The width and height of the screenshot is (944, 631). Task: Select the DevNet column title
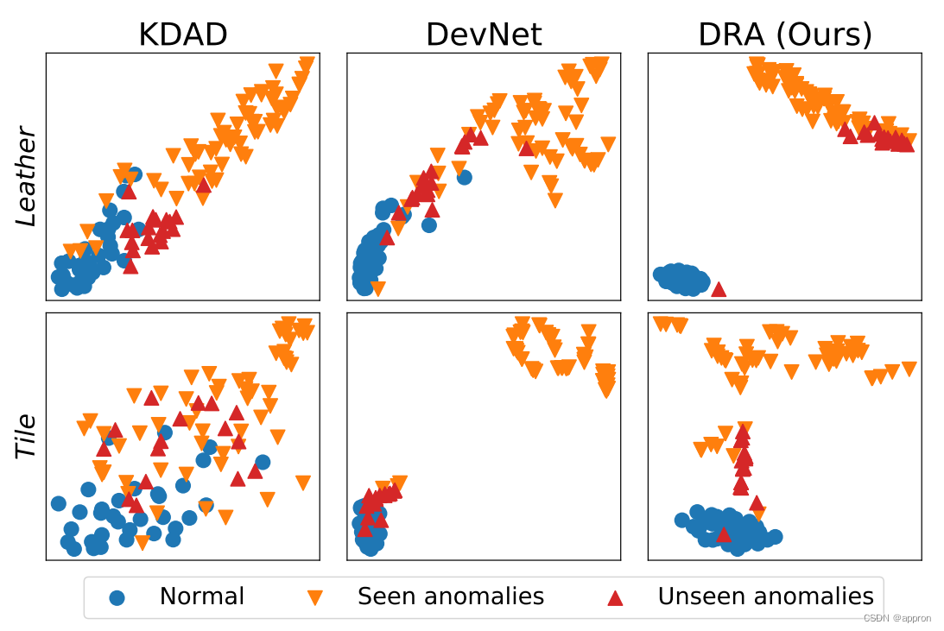pos(484,34)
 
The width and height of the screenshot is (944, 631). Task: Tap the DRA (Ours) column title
pos(784,34)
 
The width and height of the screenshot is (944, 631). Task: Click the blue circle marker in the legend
pos(117,597)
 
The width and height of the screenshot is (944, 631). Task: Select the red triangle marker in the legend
pos(615,596)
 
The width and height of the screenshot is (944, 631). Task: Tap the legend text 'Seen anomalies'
pos(450,596)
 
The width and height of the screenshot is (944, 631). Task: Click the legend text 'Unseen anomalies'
pos(765,596)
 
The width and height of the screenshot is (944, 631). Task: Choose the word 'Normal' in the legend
pos(202,596)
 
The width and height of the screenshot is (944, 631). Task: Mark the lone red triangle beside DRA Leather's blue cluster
pos(718,288)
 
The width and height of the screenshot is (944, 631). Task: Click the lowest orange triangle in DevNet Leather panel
pos(377,288)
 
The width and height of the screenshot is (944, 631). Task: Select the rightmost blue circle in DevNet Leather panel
pos(464,178)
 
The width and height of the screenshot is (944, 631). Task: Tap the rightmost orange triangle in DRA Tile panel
pos(908,369)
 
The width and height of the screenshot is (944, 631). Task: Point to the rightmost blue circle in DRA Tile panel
pos(774,537)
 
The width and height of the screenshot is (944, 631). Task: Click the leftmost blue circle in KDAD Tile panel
pos(58,503)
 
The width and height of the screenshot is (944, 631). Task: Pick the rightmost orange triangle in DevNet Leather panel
pos(608,144)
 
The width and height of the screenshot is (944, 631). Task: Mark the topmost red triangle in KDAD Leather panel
pos(204,184)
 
